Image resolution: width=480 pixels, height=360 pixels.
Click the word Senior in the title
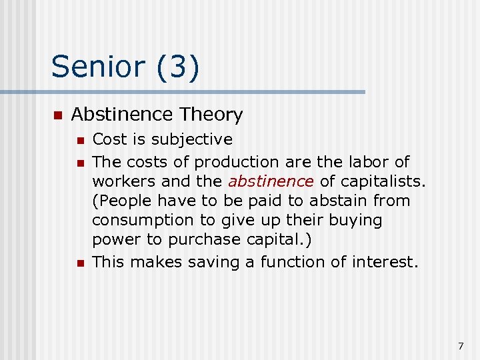pos(98,67)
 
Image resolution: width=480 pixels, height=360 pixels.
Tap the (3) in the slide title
pos(177,68)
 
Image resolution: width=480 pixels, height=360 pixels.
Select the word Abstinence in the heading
pos(121,115)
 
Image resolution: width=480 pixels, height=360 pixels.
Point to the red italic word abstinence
pos(271,181)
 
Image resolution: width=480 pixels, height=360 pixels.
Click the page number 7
pos(461,345)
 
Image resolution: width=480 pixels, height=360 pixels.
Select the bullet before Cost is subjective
pos(80,141)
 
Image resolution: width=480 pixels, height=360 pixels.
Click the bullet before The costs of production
pos(80,163)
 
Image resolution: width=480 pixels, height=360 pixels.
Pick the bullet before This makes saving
pos(80,263)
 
